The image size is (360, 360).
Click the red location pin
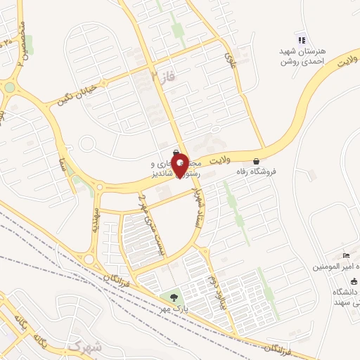point(181,165)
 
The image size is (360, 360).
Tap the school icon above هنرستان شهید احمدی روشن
point(302,40)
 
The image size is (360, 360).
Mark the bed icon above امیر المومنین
point(345,255)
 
